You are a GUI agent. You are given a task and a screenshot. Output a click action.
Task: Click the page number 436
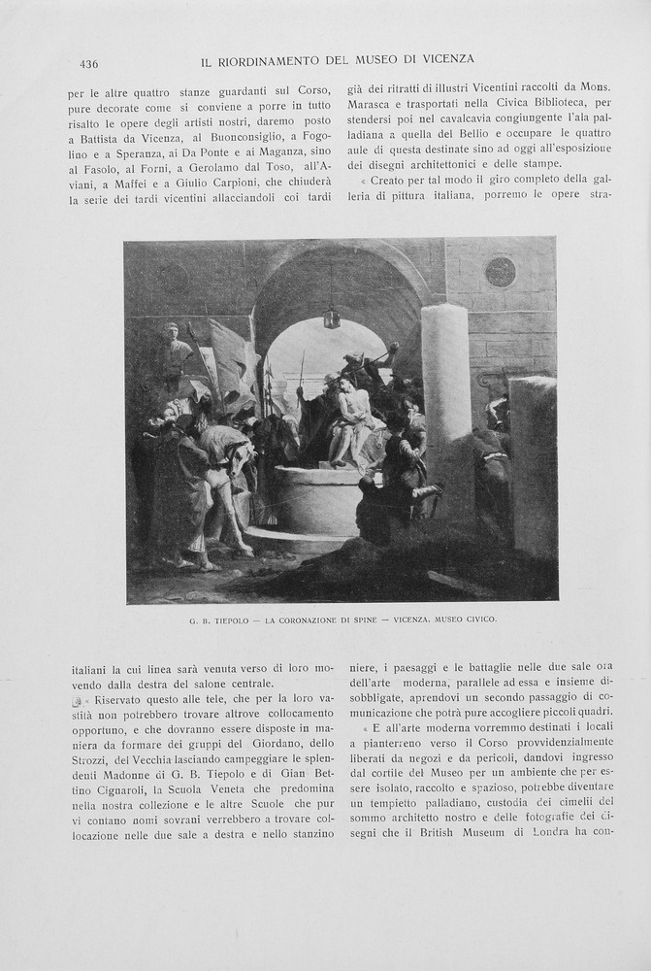click(x=88, y=64)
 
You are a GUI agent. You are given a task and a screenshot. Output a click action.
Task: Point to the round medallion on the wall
click(x=501, y=271)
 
